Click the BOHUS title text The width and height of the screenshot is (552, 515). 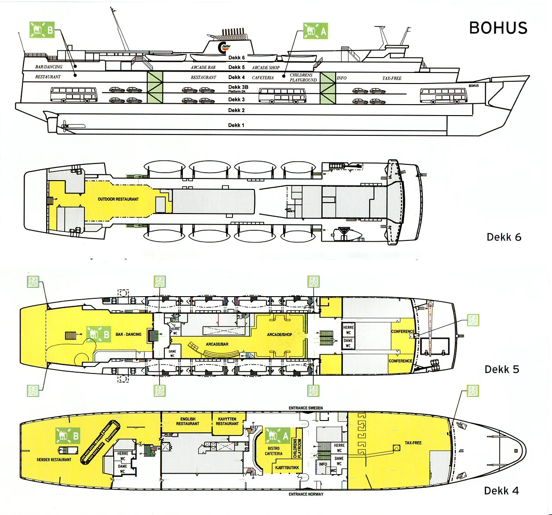click(498, 28)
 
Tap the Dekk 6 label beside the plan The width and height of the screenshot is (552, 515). click(504, 237)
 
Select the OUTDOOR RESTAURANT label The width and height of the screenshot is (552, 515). click(118, 199)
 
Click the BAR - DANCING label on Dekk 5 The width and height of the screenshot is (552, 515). click(128, 334)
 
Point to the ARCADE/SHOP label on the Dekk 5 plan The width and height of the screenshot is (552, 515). click(280, 334)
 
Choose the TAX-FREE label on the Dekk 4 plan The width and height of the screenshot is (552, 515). click(413, 442)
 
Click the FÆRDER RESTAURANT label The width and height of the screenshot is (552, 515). click(54, 460)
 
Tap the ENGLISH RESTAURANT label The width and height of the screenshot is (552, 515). click(188, 421)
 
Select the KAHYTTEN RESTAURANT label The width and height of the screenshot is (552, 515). click(227, 421)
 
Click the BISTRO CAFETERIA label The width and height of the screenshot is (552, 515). click(273, 451)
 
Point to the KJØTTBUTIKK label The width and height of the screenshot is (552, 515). click(287, 468)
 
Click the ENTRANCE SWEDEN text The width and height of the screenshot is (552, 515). click(305, 408)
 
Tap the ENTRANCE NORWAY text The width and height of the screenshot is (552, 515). click(305, 494)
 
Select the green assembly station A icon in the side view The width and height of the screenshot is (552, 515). click(315, 31)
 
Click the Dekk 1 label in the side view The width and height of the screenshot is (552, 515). click(236, 125)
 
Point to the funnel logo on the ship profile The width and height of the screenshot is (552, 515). click(224, 47)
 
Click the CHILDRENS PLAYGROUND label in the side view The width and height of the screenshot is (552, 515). click(303, 78)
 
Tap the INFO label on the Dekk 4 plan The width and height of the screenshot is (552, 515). click(323, 464)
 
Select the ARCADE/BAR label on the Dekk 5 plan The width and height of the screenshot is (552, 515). click(217, 344)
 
